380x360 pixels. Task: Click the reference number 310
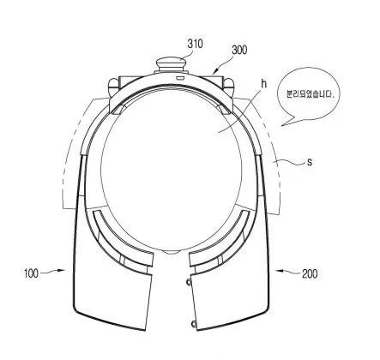coord(196,44)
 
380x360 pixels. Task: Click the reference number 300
coord(239,50)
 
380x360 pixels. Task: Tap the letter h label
coord(263,84)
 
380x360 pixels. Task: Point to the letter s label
coord(310,162)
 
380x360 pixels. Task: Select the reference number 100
coord(31,273)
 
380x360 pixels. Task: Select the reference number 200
coord(310,274)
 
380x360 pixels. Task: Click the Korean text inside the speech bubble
coord(311,94)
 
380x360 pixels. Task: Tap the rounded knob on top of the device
coord(171,63)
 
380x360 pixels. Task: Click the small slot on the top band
coord(181,77)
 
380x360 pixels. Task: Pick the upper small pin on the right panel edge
coord(189,282)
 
